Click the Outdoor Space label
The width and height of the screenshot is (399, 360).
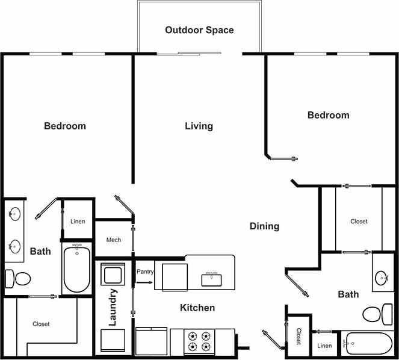(x=199, y=29)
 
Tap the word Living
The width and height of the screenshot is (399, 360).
(x=199, y=126)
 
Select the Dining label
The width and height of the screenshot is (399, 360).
(x=264, y=226)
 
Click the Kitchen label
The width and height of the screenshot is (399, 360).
(x=197, y=308)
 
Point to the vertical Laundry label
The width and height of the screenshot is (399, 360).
(x=113, y=307)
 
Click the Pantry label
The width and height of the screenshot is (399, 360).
(x=145, y=272)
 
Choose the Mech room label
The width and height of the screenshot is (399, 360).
(x=113, y=240)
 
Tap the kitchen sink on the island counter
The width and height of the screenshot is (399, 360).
(x=212, y=279)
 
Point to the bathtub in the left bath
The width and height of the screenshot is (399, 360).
(x=76, y=269)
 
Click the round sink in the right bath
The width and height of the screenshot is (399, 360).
(x=382, y=278)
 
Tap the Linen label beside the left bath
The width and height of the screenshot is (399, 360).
(x=78, y=222)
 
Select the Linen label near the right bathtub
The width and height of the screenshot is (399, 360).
(x=324, y=346)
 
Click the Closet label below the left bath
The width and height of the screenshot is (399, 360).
(x=41, y=324)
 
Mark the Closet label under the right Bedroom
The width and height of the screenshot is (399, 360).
(x=359, y=222)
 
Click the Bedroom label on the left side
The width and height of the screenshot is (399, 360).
(x=65, y=126)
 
